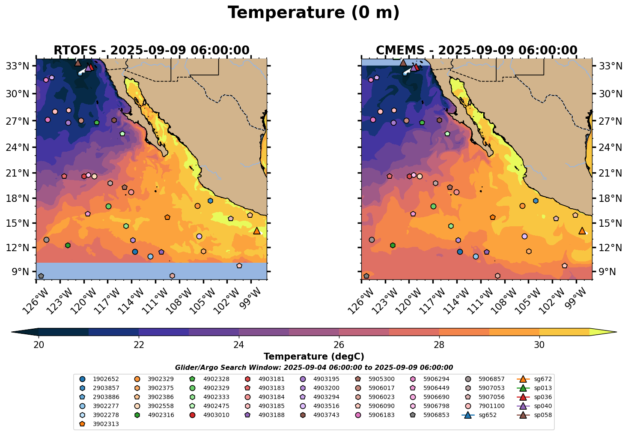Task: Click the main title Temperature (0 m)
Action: (313, 13)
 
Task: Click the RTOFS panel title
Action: (151, 51)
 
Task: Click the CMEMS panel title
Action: (476, 51)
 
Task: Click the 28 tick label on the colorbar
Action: (439, 345)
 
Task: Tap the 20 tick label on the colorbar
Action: (39, 345)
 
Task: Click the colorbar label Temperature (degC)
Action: (314, 357)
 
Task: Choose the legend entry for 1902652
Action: (101, 379)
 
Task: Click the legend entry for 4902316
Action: (156, 415)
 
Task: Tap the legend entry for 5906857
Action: (486, 379)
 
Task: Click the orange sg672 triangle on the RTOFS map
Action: (256, 231)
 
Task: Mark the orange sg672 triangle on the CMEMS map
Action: (582, 231)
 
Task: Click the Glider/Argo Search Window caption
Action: (314, 368)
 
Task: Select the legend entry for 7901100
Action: (486, 406)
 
